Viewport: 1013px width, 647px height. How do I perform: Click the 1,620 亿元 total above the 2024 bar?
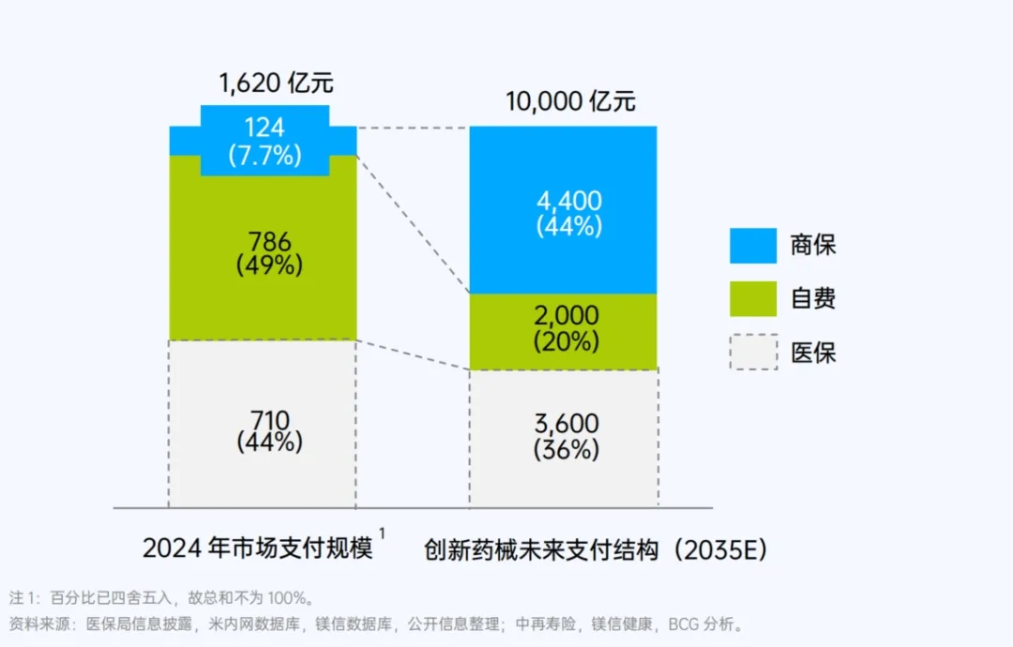coord(277,83)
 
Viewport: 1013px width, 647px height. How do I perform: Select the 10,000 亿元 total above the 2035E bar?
coord(570,101)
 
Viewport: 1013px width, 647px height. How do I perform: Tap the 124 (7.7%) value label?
coord(265,142)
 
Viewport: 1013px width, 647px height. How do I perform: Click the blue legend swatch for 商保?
coord(753,246)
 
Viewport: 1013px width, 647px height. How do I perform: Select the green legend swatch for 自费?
coord(753,299)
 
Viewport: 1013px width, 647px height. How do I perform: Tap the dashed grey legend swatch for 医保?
coord(753,353)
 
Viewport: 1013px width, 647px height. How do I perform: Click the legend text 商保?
coord(813,246)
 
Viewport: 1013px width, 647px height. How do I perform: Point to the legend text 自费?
coord(813,299)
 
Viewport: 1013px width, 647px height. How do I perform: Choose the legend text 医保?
coord(813,353)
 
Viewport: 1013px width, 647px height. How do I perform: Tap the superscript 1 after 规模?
coord(383,535)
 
